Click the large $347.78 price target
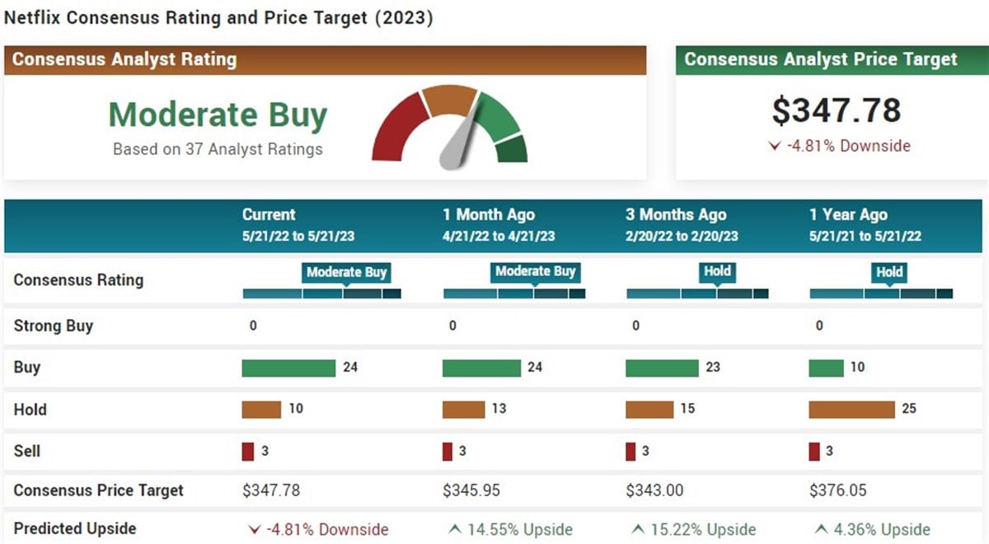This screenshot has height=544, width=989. click(x=836, y=110)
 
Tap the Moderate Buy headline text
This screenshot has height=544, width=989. click(x=218, y=115)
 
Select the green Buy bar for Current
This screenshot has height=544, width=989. click(x=288, y=368)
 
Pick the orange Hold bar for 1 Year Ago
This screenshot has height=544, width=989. click(x=851, y=410)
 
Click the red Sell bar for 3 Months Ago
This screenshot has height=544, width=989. click(x=630, y=452)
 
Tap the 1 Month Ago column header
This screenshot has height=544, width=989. click(x=488, y=215)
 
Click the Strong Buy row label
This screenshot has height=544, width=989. click(x=54, y=326)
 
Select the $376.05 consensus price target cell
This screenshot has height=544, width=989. click(x=837, y=490)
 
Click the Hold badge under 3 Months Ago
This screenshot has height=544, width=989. click(x=717, y=271)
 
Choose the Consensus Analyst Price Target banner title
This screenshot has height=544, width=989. click(x=821, y=59)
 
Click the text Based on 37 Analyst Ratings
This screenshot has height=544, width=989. click(x=218, y=149)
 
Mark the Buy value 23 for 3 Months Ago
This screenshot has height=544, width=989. click(x=712, y=368)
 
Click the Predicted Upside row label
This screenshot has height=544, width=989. click(x=74, y=529)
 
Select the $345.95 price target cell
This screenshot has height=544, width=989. click(x=471, y=490)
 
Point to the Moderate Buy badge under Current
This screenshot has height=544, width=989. click(x=346, y=272)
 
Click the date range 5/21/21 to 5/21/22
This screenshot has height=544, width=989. click(x=865, y=237)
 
